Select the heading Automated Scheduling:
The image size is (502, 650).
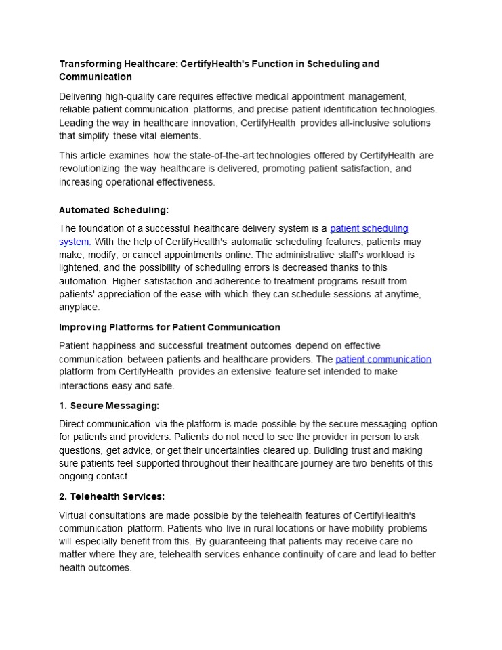pyautogui.click(x=114, y=210)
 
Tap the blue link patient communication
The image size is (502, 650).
pyautogui.click(x=383, y=359)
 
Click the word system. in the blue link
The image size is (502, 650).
pyautogui.click(x=75, y=242)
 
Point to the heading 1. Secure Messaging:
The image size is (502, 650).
pyautogui.click(x=109, y=406)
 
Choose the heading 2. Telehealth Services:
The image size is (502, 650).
pyautogui.click(x=112, y=496)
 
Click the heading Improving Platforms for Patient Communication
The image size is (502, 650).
pyautogui.click(x=169, y=327)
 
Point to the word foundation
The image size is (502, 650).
pyautogui.click(x=107, y=228)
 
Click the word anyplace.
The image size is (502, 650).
pyautogui.click(x=79, y=307)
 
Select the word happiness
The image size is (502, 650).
pyautogui.click(x=116, y=345)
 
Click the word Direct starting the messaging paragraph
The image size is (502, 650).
pyautogui.click(x=74, y=424)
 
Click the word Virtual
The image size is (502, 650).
pyautogui.click(x=75, y=515)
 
